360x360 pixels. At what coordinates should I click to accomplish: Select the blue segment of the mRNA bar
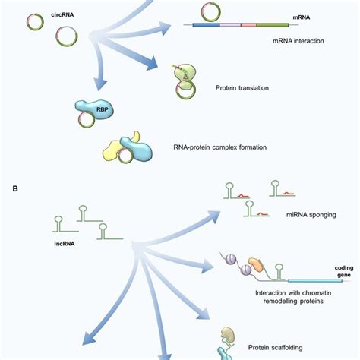[x=205, y=26]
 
